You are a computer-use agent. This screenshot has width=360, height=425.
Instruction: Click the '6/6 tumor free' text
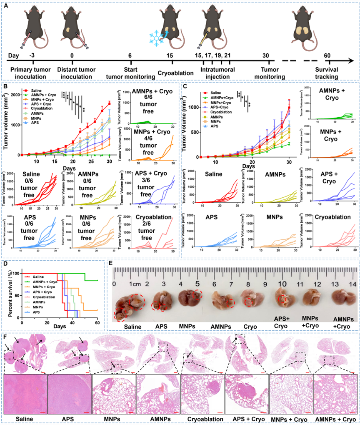(144, 102)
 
